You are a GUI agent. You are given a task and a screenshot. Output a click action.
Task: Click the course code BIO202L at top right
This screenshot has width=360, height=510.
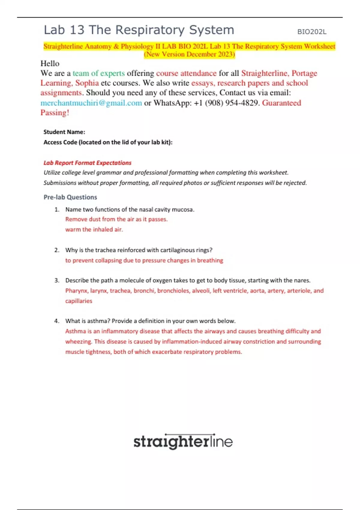click(x=312, y=32)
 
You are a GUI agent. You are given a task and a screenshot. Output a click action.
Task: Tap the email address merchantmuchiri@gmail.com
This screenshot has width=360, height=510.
click(x=91, y=103)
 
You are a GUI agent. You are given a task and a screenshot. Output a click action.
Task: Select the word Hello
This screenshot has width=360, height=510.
click(x=50, y=64)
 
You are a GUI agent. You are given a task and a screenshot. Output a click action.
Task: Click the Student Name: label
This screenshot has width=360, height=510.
click(x=64, y=132)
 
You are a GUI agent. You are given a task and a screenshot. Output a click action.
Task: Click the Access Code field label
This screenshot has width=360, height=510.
click(x=108, y=142)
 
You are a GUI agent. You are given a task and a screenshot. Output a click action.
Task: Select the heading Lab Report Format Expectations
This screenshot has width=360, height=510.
click(x=87, y=163)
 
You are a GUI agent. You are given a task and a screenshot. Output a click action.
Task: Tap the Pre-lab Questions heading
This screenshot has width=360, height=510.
click(x=70, y=197)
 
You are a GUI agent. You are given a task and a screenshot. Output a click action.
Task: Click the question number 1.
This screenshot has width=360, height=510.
click(x=57, y=210)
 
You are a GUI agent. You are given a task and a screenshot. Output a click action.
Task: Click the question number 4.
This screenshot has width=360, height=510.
click(x=57, y=321)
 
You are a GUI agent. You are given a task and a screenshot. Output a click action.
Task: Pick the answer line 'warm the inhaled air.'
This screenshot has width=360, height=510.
click(x=94, y=229)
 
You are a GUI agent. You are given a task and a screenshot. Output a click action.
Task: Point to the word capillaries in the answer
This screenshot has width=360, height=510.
click(x=79, y=301)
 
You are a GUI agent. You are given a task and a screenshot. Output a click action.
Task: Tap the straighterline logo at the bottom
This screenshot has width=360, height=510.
click(x=183, y=442)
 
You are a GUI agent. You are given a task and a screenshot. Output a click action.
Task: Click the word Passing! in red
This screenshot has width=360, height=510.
click(x=55, y=113)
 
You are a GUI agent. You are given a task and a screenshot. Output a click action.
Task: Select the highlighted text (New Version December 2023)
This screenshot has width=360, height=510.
click(x=189, y=54)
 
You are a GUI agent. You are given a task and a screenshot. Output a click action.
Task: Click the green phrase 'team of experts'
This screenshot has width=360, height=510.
click(x=99, y=73)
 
